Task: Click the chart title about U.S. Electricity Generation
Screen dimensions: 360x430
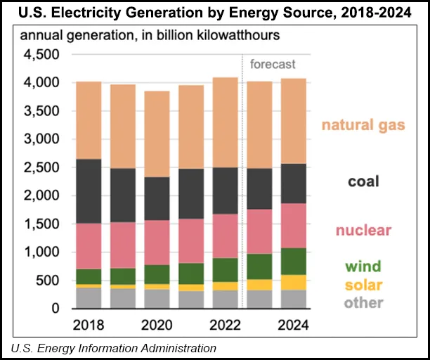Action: [x=215, y=13]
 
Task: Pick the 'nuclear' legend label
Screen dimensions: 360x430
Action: [x=363, y=231]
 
